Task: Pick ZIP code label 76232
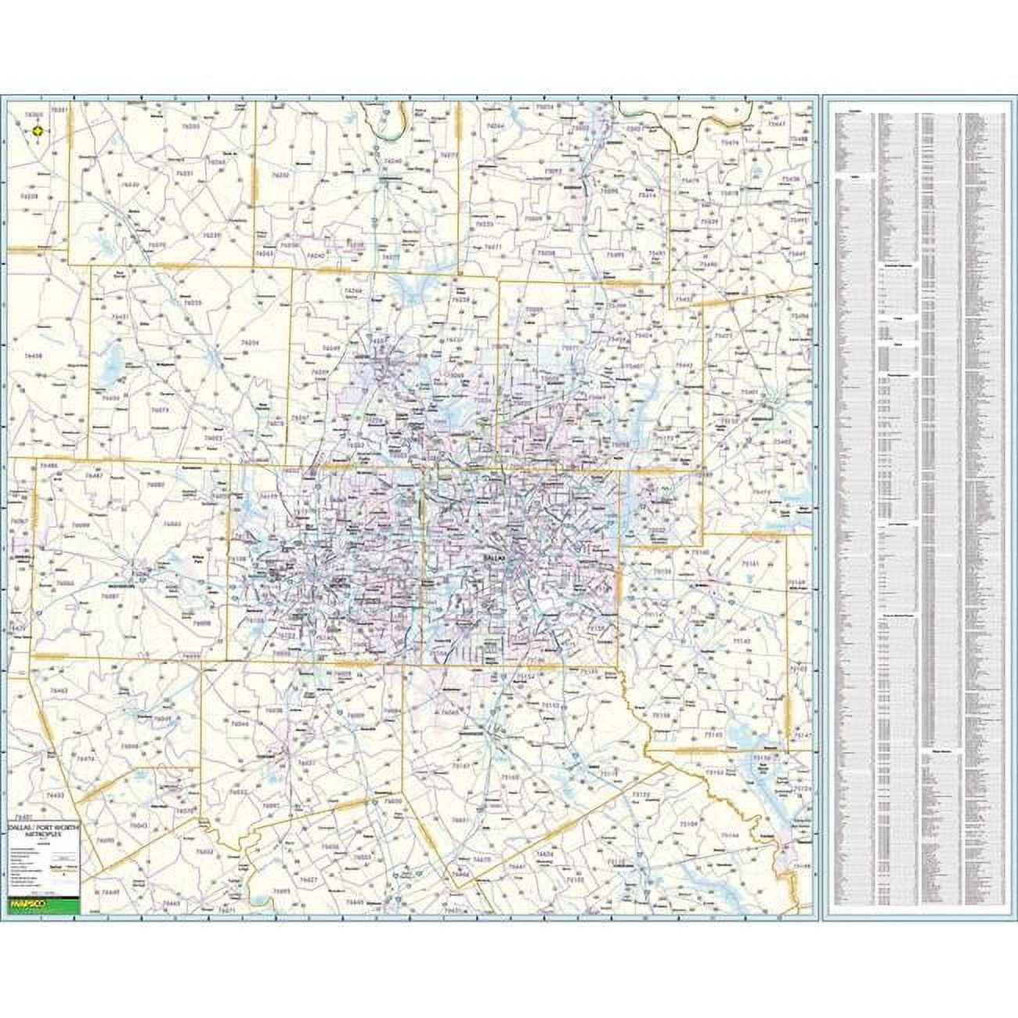[x=280, y=176]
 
